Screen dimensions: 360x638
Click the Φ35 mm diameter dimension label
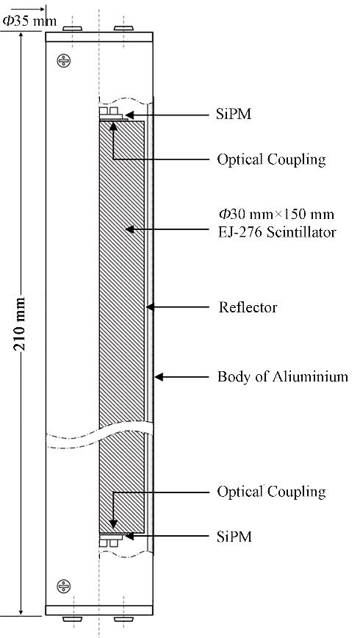pyautogui.click(x=29, y=21)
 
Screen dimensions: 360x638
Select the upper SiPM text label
pyautogui.click(x=234, y=115)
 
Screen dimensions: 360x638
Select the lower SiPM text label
pyautogui.click(x=234, y=537)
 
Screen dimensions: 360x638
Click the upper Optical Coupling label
pyautogui.click(x=271, y=159)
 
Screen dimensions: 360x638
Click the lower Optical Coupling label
pyautogui.click(x=271, y=492)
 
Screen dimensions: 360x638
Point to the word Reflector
pyautogui.click(x=248, y=307)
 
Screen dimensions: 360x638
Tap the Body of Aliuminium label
pyautogui.click(x=283, y=376)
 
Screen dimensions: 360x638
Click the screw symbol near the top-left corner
pyautogui.click(x=63, y=60)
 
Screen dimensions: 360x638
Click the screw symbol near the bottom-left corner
pyautogui.click(x=63, y=586)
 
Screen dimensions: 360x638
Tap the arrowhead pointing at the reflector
pyautogui.click(x=150, y=307)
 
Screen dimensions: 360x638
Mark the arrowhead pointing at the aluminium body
pyautogui.click(x=159, y=377)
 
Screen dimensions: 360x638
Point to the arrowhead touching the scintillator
pyautogui.click(x=130, y=229)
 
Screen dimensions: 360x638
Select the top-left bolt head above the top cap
pyautogui.click(x=73, y=29)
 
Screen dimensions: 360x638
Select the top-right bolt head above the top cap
pyautogui.click(x=123, y=29)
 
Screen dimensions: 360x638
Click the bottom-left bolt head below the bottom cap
pyautogui.click(x=73, y=619)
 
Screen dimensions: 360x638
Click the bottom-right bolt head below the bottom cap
pyautogui.click(x=123, y=619)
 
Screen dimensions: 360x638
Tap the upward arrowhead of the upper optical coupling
pyautogui.click(x=113, y=126)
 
